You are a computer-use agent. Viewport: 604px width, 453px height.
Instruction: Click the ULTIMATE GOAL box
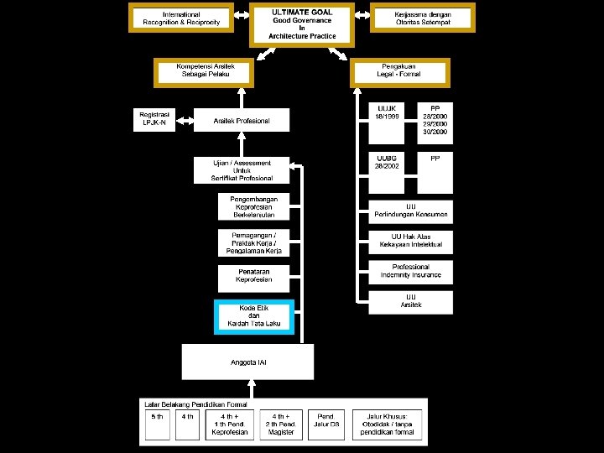[x=302, y=24]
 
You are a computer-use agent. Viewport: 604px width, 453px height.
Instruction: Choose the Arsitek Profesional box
[x=242, y=120]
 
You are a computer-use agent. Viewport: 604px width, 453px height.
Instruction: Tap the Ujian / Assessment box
[x=242, y=170]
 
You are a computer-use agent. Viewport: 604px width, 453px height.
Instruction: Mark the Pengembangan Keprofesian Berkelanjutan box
[x=253, y=206]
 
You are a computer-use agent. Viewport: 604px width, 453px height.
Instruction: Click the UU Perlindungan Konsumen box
[x=410, y=211]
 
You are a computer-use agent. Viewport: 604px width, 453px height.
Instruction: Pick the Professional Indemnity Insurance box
[x=410, y=271]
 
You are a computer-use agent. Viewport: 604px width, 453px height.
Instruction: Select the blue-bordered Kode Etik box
[x=253, y=316]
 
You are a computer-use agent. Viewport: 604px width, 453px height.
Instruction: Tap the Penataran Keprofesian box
[x=253, y=276]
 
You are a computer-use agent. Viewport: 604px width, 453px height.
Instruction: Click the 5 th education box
[x=157, y=425]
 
